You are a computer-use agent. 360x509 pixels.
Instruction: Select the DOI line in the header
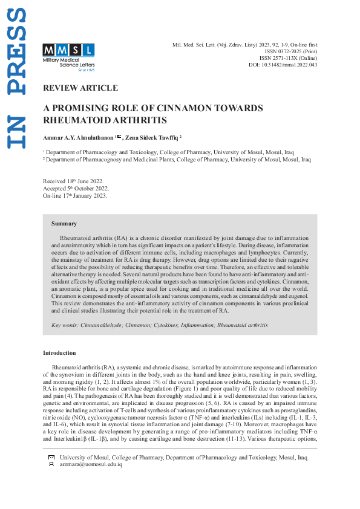(283, 65)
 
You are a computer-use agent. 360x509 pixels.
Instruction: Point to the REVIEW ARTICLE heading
(80, 88)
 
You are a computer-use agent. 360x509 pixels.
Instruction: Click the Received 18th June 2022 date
(73, 181)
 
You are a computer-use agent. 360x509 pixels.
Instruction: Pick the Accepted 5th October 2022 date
(76, 189)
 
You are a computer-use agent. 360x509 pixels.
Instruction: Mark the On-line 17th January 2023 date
(75, 196)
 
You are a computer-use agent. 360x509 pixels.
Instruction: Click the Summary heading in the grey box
(64, 224)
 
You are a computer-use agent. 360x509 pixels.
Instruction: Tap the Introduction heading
(59, 352)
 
